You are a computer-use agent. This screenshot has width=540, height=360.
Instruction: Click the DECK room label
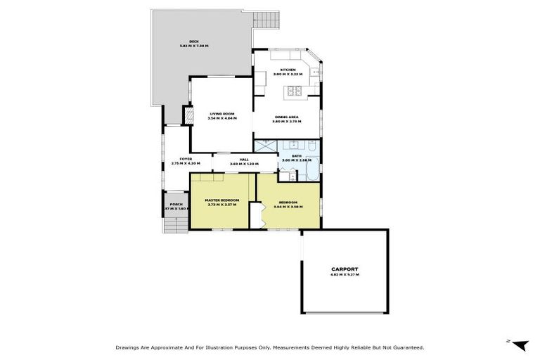(184, 41)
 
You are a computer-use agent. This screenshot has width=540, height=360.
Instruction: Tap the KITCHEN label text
(288, 70)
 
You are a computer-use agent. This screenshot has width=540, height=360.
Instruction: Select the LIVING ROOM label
(222, 114)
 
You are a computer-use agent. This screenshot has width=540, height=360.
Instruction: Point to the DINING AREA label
(286, 117)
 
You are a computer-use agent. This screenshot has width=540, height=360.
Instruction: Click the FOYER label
(186, 159)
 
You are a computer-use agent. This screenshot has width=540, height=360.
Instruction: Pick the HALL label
(244, 160)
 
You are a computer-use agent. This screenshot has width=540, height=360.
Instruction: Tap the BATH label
(296, 156)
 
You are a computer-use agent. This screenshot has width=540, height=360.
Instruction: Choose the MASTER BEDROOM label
(222, 200)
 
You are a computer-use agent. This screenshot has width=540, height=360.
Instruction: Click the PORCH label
(176, 205)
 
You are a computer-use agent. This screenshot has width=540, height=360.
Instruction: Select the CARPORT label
(345, 269)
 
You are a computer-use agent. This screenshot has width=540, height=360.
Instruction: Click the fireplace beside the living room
(187, 115)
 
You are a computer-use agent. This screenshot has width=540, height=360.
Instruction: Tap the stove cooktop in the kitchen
(293, 91)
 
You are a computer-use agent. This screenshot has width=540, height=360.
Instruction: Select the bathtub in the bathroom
(314, 169)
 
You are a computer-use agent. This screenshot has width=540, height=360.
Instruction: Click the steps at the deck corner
(266, 20)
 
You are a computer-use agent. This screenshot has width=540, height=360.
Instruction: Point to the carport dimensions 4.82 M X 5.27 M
(345, 275)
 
